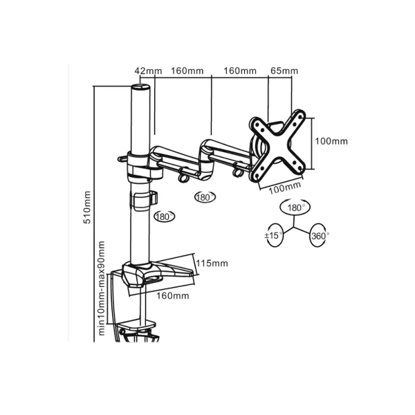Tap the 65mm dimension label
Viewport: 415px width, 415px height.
[284, 71]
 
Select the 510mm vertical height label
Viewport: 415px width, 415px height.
[87, 207]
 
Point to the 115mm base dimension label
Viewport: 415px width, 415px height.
[212, 264]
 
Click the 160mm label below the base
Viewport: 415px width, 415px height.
[173, 295]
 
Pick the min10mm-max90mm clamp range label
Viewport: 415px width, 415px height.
[102, 288]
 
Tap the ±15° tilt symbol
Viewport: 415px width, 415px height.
[274, 235]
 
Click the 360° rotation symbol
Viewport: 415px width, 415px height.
[320, 235]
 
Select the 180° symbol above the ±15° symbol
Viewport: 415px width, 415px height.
[295, 207]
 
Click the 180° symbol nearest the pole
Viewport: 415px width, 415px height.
[164, 216]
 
